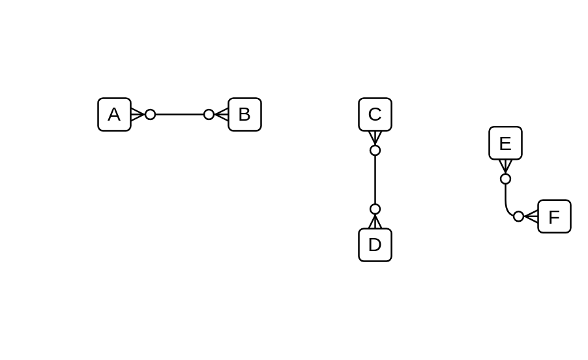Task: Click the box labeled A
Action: pos(114,115)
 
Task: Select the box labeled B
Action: pos(244,115)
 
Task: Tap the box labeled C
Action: pos(375,115)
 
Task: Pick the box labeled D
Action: pos(375,245)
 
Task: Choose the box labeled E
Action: pos(505,143)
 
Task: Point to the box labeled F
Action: pos(554,217)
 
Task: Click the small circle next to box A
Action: pos(151,115)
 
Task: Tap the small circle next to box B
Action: pos(209,115)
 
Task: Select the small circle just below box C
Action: pos(375,151)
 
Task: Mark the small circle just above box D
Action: pos(375,209)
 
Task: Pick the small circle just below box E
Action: pos(505,179)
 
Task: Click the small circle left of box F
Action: pos(518,217)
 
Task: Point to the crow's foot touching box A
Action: pos(137,115)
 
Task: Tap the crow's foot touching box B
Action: pos(222,115)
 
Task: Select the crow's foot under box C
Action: pos(375,138)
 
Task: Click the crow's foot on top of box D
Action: pos(375,222)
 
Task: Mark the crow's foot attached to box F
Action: pos(531,217)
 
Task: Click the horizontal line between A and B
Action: pos(179,115)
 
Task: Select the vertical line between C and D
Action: pos(375,180)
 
